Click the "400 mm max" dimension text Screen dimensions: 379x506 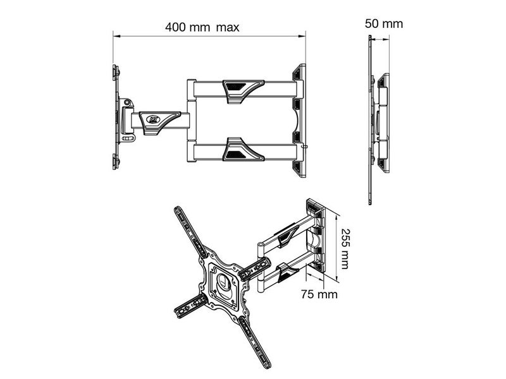coord(202,27)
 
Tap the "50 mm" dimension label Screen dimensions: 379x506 coord(383,24)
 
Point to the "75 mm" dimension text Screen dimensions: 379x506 coord(319,294)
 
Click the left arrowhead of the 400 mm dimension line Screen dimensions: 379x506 coord(116,36)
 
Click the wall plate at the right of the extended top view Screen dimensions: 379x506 coord(299,120)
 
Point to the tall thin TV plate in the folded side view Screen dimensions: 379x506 coord(370,120)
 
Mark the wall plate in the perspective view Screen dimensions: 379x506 coord(316,237)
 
